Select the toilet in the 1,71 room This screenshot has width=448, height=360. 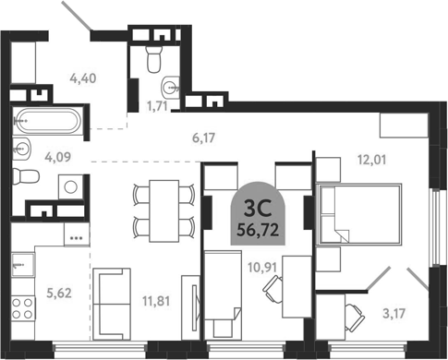[154, 59]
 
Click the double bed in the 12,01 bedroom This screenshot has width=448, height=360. [359, 214]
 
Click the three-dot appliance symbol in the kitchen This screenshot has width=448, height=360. [76, 237]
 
